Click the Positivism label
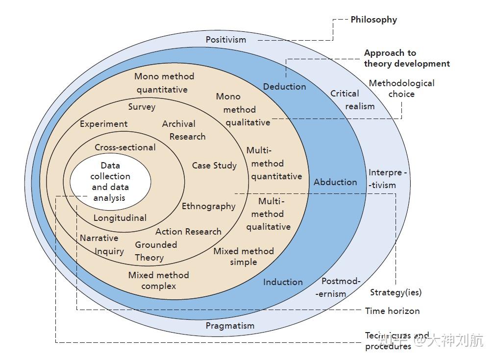pyautogui.click(x=225, y=39)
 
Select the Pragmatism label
pyautogui.click(x=230, y=326)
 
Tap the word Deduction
pyautogui.click(x=284, y=87)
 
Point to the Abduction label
pyautogui.click(x=335, y=182)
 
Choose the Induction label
pyautogui.click(x=283, y=282)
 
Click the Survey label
pyautogui.click(x=142, y=107)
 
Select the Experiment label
pyautogui.click(x=103, y=124)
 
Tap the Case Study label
pyautogui.click(x=214, y=166)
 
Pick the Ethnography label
pyautogui.click(x=208, y=206)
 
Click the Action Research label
pyautogui.click(x=188, y=232)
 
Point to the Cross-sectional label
pyautogui.click(x=125, y=147)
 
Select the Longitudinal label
pyautogui.click(x=120, y=218)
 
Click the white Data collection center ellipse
pyautogui.click(x=110, y=182)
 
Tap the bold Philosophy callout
pyautogui.click(x=373, y=20)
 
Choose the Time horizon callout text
pyautogui.click(x=392, y=311)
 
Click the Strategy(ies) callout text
pyautogui.click(x=396, y=292)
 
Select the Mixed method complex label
pyautogui.click(x=158, y=281)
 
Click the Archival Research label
pyautogui.click(x=182, y=130)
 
